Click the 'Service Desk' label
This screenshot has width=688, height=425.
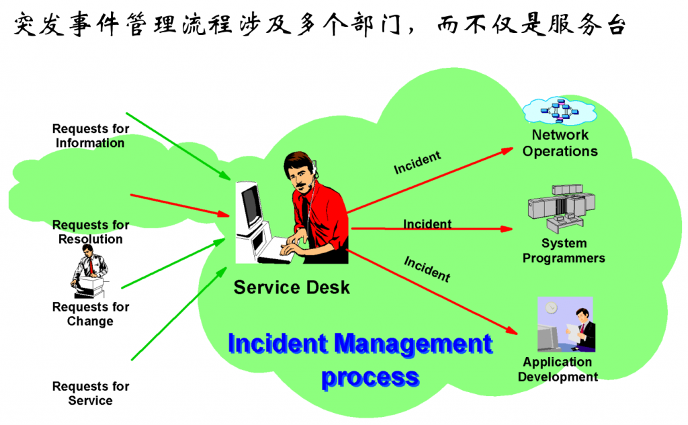[x=292, y=288]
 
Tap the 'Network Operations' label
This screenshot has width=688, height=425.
[x=560, y=143]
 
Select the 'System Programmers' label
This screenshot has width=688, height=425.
[x=564, y=250]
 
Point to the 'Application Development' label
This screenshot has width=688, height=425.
[x=558, y=369]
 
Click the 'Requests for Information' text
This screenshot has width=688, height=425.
[x=90, y=136]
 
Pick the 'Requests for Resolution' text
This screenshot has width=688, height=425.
[x=91, y=232]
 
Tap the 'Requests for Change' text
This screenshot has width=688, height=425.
[x=90, y=314]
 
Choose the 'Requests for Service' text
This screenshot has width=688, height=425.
[x=90, y=393]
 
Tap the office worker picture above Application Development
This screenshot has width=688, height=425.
[x=565, y=325]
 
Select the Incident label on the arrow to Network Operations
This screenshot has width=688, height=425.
[x=417, y=162]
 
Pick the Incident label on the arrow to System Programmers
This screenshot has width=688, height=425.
[x=427, y=224]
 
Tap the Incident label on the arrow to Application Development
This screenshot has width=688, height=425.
[x=427, y=268]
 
